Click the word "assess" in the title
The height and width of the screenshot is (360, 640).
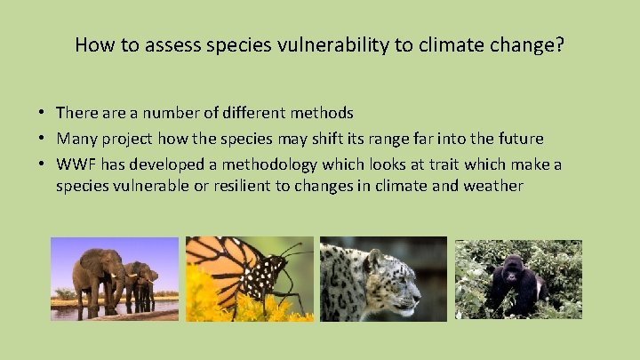point(153,44)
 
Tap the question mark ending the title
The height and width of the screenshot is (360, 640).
point(559,44)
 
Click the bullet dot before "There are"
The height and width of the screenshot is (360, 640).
point(43,113)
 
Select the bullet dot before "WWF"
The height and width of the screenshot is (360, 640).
point(43,164)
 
